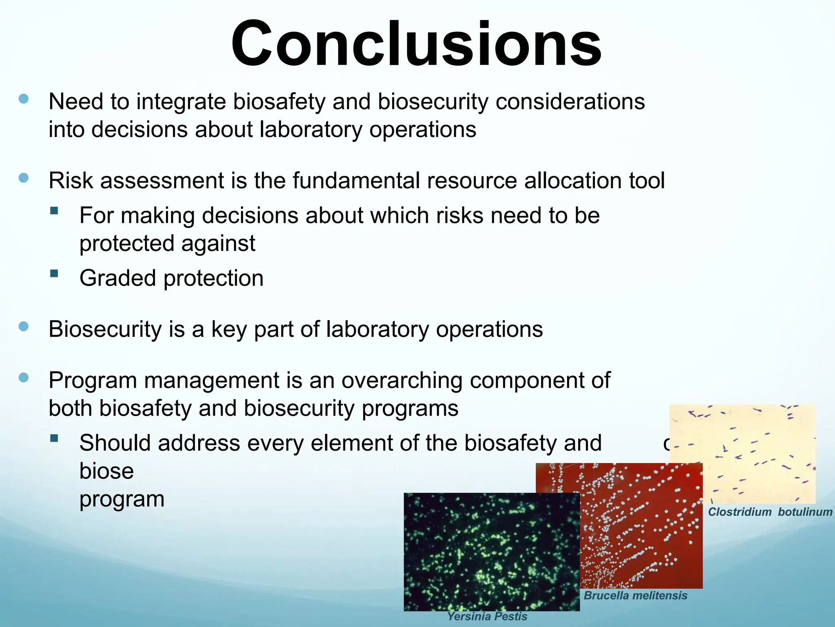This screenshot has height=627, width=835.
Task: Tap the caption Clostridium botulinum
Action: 770,512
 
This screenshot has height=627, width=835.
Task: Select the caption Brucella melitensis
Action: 635,596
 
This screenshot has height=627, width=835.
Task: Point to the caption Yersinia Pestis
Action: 487,616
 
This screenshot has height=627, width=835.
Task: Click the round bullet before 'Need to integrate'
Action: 24,99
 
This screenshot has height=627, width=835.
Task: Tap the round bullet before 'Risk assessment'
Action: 24,178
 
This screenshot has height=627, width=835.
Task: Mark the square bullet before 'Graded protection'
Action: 54,273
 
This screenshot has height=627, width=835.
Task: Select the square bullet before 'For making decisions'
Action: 54,211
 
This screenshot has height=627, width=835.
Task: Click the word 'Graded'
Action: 117,278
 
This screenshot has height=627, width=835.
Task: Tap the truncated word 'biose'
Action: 106,471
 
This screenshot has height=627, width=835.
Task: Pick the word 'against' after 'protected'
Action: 218,244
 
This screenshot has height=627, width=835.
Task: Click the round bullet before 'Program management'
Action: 24,378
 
